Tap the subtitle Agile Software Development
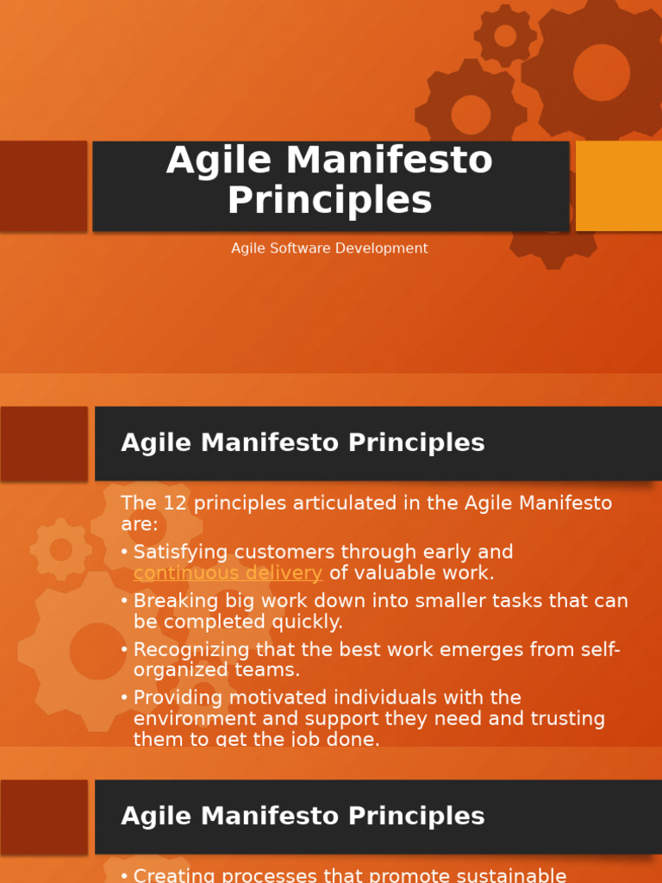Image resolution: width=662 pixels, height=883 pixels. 329,248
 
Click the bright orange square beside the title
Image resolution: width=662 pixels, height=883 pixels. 618,185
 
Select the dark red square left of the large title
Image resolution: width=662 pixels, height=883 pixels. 43,185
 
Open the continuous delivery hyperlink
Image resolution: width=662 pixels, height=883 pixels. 228,573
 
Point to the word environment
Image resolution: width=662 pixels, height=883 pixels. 190,718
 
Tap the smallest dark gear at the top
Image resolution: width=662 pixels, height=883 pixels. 505,35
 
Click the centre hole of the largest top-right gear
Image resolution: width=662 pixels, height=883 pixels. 601,72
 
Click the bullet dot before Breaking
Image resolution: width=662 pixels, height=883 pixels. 124,601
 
